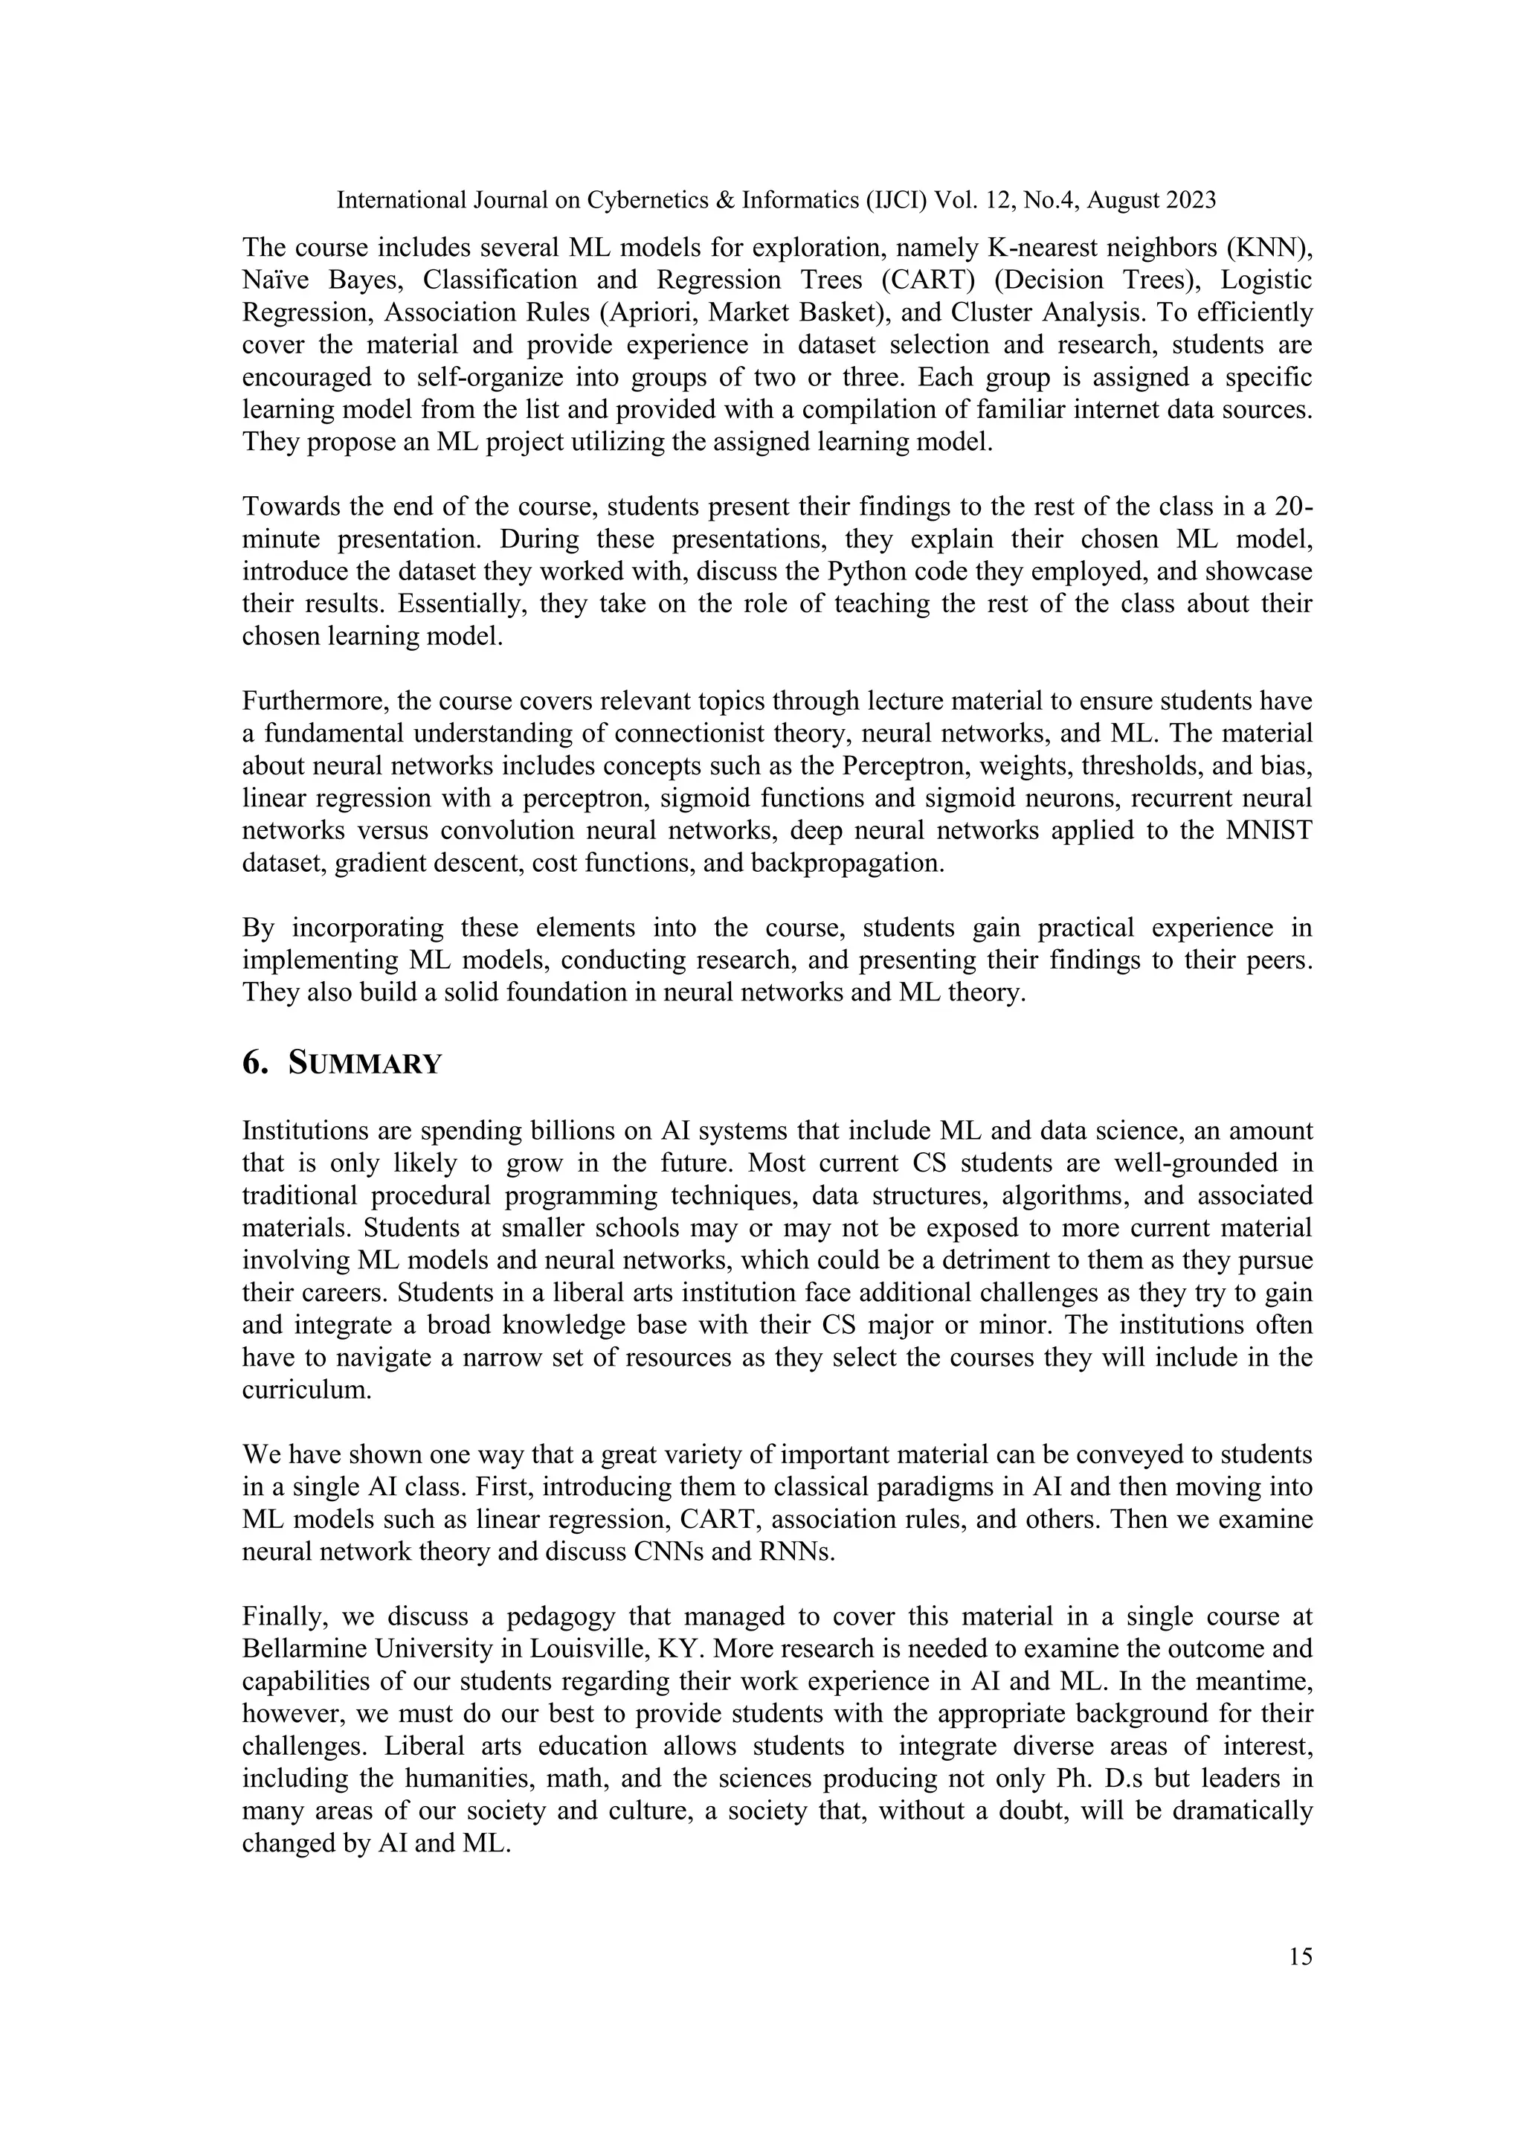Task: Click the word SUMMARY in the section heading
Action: (x=364, y=1064)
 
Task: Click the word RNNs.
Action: (x=798, y=1552)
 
